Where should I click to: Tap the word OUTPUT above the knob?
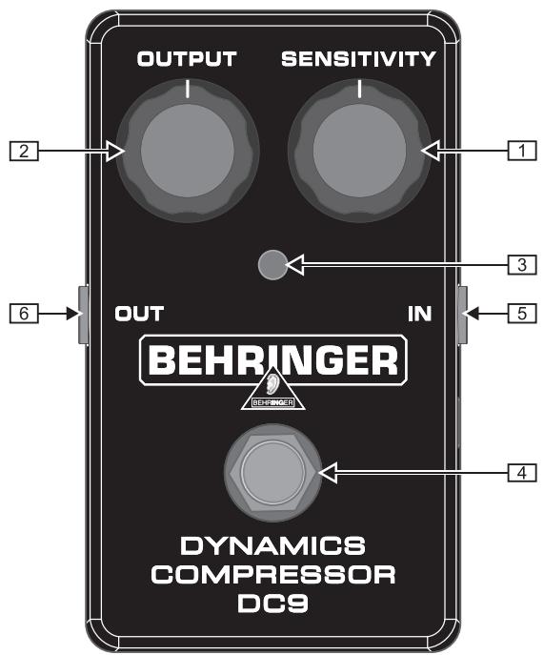(188, 59)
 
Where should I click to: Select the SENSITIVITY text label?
(359, 59)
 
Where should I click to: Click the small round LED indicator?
(272, 265)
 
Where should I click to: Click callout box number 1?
(519, 150)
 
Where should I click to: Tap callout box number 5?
(519, 311)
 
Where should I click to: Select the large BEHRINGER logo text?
(272, 359)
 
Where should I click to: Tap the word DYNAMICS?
(272, 547)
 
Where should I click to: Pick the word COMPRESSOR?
(272, 576)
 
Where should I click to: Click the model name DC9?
(272, 604)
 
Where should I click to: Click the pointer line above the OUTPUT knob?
(188, 90)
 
